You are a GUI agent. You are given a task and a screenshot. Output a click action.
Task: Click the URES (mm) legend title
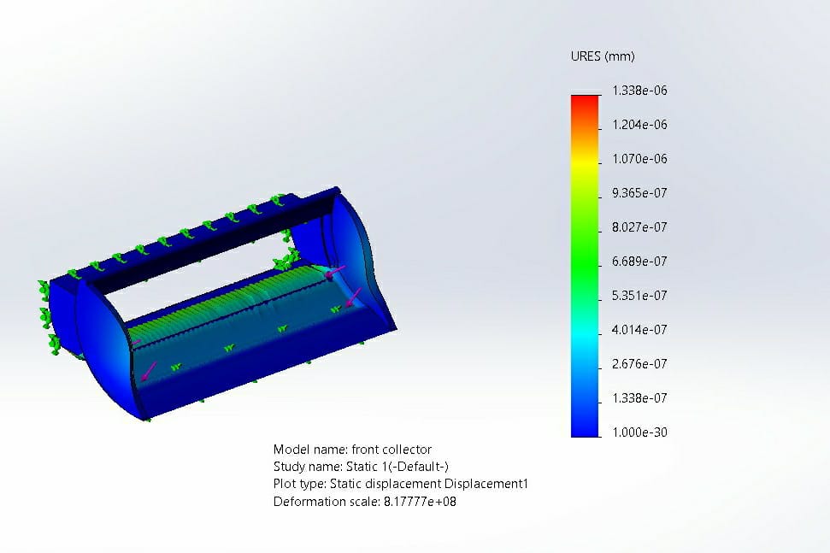point(603,56)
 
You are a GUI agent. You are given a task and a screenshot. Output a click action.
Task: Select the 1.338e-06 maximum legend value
point(639,91)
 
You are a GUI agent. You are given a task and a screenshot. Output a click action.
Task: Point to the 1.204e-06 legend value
point(639,125)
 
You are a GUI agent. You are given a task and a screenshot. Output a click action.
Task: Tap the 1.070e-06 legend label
point(639,159)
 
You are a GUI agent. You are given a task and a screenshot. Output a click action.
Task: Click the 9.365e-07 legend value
point(639,193)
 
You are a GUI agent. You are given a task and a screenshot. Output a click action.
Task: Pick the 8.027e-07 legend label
point(639,227)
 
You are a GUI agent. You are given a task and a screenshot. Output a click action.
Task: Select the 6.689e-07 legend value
point(639,262)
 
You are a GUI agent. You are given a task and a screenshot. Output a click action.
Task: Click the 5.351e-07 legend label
point(639,295)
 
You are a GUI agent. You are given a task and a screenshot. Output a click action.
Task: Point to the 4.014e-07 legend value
point(639,330)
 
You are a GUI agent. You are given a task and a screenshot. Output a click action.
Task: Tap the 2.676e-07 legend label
point(639,364)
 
